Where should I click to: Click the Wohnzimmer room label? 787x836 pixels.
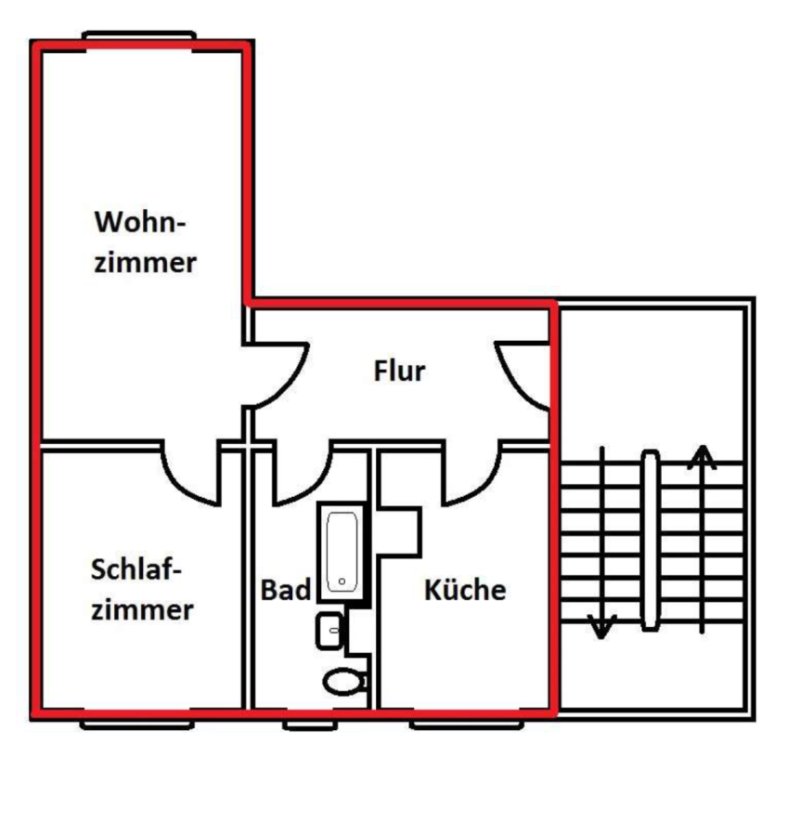(x=146, y=242)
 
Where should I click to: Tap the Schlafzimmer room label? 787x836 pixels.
(x=142, y=589)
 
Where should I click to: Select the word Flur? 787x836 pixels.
(x=400, y=371)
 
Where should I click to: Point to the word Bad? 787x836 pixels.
(x=286, y=590)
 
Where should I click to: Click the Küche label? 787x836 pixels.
(x=465, y=590)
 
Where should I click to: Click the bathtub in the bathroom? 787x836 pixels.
(x=342, y=552)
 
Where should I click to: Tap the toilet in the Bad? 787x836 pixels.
(x=344, y=682)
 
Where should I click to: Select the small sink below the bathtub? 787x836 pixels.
(x=329, y=631)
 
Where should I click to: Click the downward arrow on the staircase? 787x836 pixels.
(x=602, y=542)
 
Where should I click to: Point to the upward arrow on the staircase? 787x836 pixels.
(x=703, y=540)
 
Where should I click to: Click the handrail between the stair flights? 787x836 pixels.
(x=650, y=541)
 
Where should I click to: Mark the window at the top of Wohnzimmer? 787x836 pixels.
(x=139, y=37)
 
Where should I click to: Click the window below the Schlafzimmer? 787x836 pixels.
(x=137, y=725)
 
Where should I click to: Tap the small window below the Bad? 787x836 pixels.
(x=310, y=725)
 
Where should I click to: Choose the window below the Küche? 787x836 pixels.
(x=467, y=725)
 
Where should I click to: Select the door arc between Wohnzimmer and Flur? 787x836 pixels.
(x=290, y=385)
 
